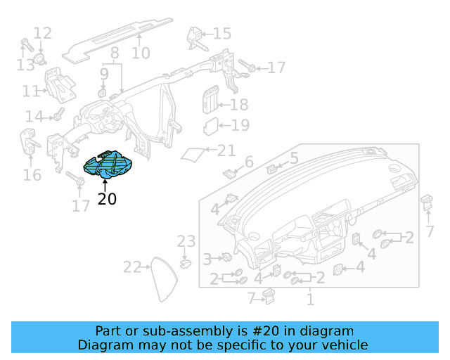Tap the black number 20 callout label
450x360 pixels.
pyautogui.click(x=108, y=199)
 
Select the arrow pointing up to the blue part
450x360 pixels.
pyautogui.click(x=107, y=185)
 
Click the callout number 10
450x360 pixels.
pyautogui.click(x=141, y=53)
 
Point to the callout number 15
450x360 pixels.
pyautogui.click(x=221, y=34)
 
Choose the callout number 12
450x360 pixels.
pyautogui.click(x=42, y=32)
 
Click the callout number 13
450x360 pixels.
pyautogui.click(x=25, y=65)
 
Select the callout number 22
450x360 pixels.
pyautogui.click(x=132, y=266)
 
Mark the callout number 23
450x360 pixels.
pyautogui.click(x=186, y=242)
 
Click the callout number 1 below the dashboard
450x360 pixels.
pyautogui.click(x=309, y=300)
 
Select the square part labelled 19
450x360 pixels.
pyautogui.click(x=211, y=127)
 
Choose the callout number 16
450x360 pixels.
pyautogui.click(x=32, y=174)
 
